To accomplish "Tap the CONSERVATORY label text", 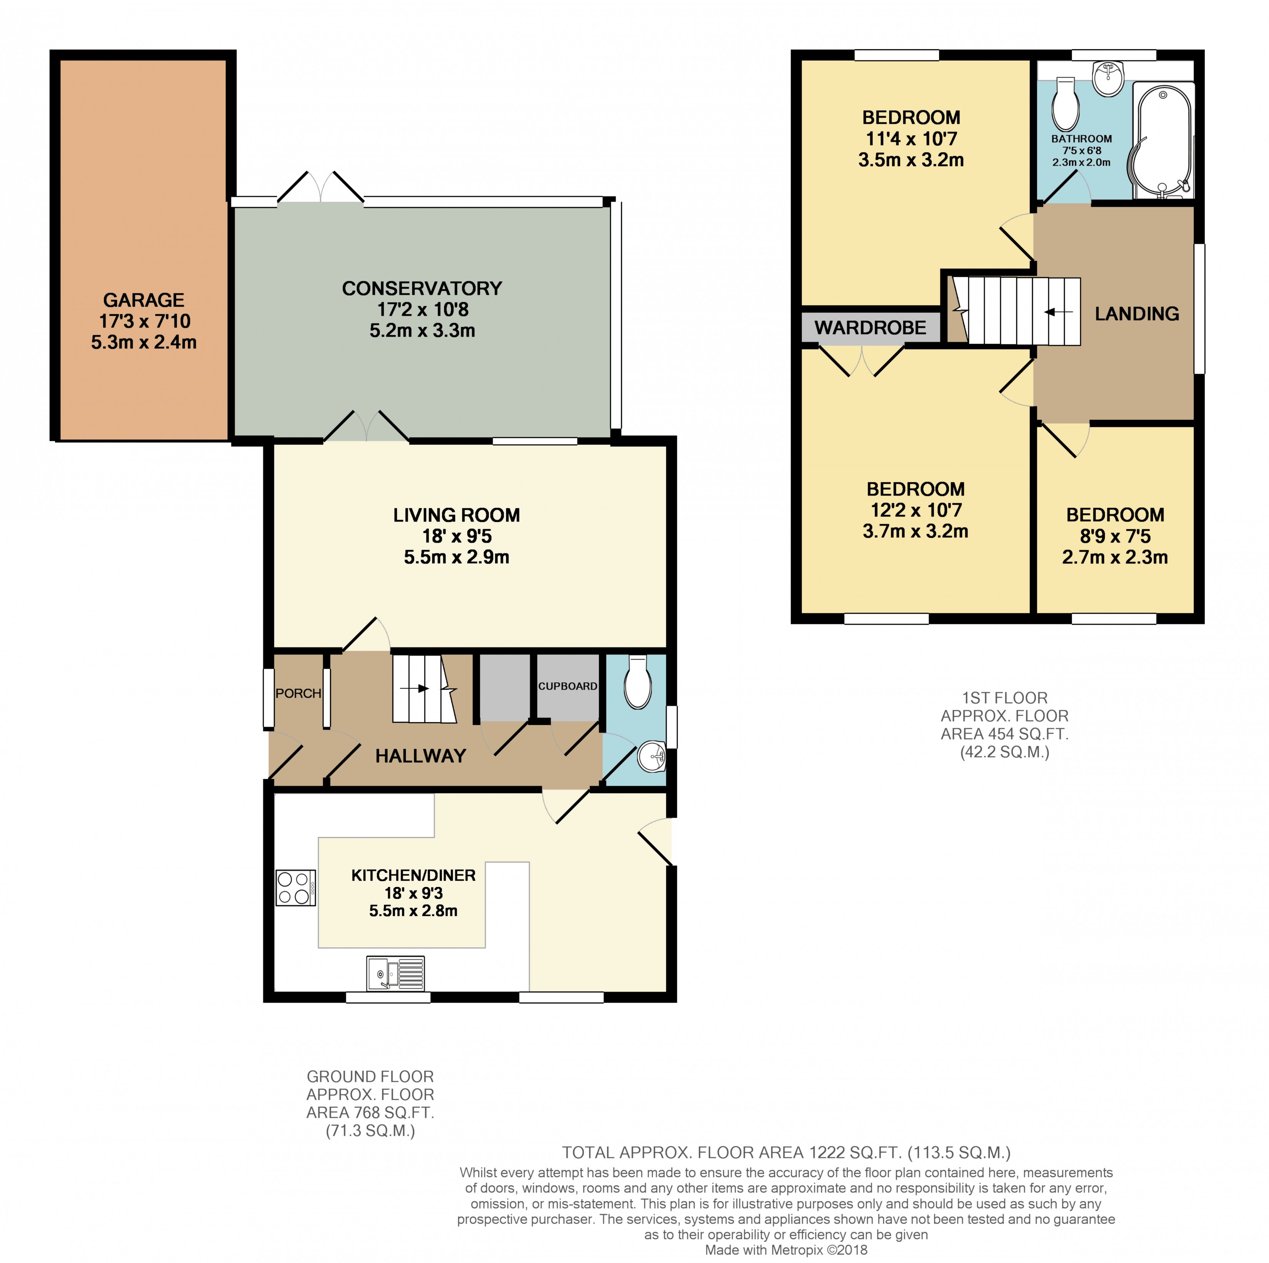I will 422,288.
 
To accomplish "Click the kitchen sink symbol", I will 395,973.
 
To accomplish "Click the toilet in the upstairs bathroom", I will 1065,105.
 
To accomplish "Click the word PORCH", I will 298,693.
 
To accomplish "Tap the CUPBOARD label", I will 568,686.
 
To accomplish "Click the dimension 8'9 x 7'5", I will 1115,536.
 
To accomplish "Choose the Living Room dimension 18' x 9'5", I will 456,536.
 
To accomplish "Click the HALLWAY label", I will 420,755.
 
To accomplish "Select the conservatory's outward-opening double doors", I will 321,186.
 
